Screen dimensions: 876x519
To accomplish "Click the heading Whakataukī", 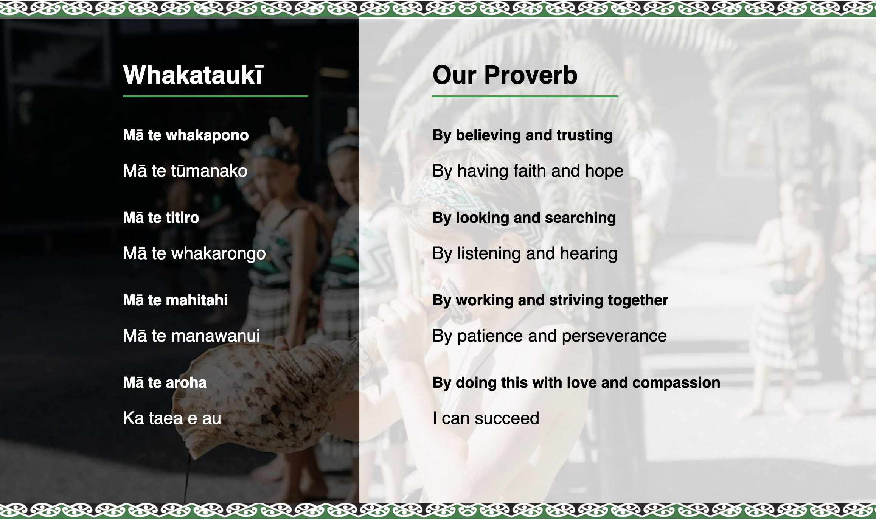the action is click(193, 75).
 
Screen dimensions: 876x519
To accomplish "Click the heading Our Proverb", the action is click(505, 75).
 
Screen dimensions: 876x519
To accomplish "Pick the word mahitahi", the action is click(197, 300).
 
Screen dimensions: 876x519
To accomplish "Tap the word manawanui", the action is click(215, 336).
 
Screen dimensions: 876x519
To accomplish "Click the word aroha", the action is click(186, 382).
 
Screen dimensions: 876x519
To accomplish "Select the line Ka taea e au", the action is click(172, 418).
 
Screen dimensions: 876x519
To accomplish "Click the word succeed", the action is click(507, 418).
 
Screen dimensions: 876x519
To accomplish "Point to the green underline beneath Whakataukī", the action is click(216, 96).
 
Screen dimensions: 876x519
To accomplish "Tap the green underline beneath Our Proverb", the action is click(525, 96).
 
